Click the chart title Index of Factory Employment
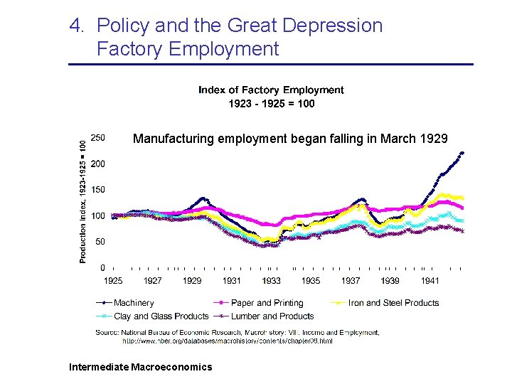click(270, 90)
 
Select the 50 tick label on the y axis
click(100, 242)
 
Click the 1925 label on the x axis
click(114, 281)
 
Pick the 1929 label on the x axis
click(192, 281)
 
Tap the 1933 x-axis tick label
click(271, 281)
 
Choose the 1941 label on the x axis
click(429, 281)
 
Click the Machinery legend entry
click(134, 303)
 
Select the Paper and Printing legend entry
click(267, 303)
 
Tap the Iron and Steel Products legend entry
click(393, 303)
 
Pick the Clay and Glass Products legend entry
click(161, 316)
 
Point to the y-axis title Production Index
click(84, 201)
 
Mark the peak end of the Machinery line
click(462, 152)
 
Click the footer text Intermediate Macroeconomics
click(140, 367)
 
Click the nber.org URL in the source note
click(228, 341)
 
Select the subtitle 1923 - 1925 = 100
click(271, 103)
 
